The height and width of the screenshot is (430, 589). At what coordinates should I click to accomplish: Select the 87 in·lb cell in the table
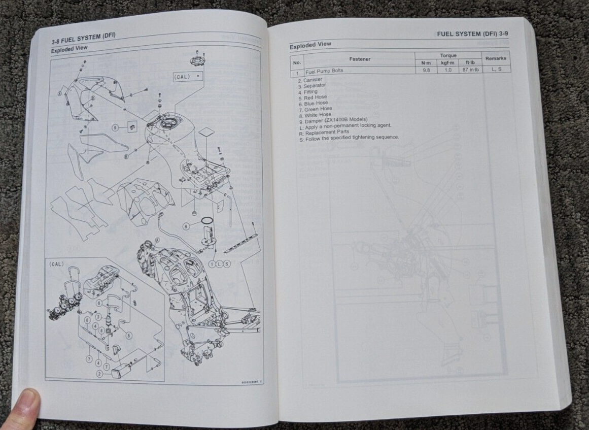click(469, 69)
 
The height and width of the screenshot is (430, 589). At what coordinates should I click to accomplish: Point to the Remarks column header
click(496, 59)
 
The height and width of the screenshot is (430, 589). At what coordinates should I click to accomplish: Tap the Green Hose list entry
click(318, 109)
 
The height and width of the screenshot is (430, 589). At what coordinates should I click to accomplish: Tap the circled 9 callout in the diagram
click(115, 127)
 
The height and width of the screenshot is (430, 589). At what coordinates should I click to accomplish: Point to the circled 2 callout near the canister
click(100, 373)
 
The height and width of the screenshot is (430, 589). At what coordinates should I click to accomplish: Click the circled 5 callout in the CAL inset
click(129, 336)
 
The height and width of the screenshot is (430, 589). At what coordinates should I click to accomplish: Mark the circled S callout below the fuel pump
click(227, 263)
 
